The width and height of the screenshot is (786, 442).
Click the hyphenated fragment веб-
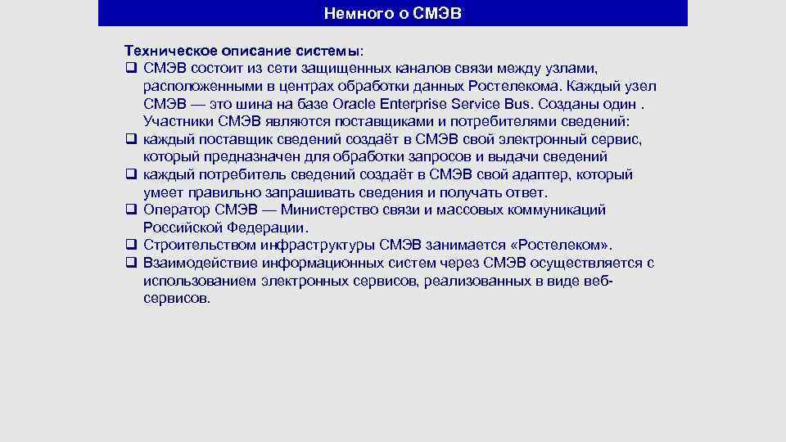[x=596, y=281]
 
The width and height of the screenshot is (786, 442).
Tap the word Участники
[x=178, y=122]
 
